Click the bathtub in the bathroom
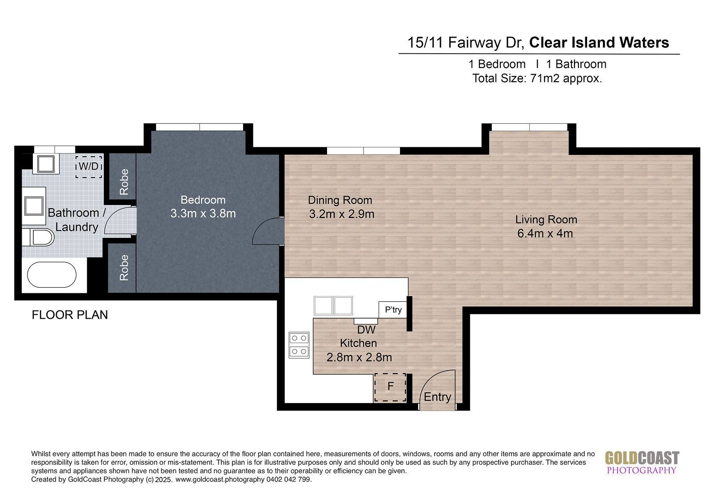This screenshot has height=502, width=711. coord(52,275)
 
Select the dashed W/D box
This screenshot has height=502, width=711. coord(88,166)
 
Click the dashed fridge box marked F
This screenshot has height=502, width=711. coord(391,387)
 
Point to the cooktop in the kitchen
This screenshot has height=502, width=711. coord(299,345)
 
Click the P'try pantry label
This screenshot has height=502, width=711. coord(393,309)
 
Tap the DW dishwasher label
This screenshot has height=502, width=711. coord(366,330)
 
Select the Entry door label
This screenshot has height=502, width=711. coord(437,397)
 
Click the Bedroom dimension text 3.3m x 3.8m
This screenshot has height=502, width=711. coord(203,213)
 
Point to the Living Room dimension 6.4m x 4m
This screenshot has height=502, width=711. coord(545,233)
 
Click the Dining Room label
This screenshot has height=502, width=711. coord(340,200)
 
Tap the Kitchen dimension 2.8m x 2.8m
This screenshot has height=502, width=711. coord(359,357)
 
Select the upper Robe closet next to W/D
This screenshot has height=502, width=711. coord(123,177)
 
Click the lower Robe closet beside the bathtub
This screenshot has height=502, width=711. coord(123,268)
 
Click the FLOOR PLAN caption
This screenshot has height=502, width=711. coord(70,315)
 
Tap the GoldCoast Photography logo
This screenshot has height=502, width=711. coord(642,462)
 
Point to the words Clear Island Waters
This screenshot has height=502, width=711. coord(599,42)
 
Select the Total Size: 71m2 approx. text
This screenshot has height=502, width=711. coord(537,78)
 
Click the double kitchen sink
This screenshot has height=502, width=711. coord(333,306)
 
